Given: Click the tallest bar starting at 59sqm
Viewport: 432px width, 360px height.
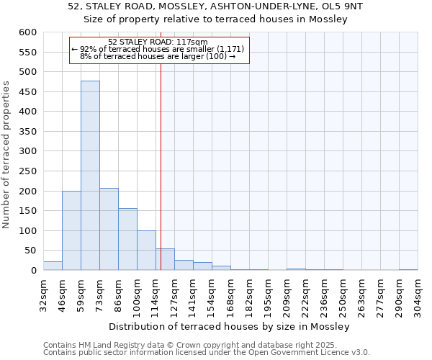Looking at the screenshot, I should tap(90, 176).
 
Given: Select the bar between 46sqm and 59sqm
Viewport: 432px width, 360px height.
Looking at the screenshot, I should tap(71, 230).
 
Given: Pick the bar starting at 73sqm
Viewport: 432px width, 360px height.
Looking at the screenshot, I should tap(109, 229).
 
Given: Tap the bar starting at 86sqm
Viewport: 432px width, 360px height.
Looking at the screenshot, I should tap(127, 239).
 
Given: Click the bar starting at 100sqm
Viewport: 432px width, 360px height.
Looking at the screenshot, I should tap(146, 251).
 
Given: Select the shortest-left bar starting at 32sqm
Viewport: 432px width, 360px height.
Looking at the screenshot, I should tap(53, 266).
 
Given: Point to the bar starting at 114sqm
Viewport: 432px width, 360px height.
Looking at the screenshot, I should tap(165, 259).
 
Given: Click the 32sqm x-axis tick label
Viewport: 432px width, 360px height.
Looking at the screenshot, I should tap(43, 293).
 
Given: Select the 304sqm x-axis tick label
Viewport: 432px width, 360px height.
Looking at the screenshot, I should tap(418, 293).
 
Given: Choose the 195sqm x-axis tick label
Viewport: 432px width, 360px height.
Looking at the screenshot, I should tap(268, 293).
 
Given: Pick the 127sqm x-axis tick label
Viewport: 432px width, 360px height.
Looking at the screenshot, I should tap(174, 293).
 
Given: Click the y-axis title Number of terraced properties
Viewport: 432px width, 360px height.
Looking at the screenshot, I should tap(6, 154).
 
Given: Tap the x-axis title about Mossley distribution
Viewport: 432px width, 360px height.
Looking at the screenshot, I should tap(230, 326).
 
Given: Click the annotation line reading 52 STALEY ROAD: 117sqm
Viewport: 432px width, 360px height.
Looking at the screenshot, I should tap(158, 42).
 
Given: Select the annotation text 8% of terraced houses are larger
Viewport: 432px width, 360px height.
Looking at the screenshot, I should tap(158, 55).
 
